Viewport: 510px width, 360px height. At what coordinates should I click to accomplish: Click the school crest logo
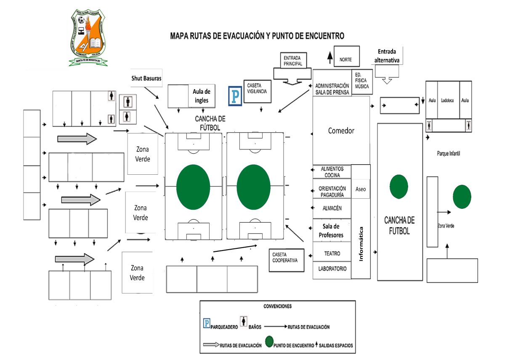pyautogui.click(x=88, y=38)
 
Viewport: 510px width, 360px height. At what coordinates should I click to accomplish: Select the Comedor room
pyautogui.click(x=341, y=131)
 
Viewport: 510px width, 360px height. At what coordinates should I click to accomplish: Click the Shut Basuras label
pyautogui.click(x=146, y=78)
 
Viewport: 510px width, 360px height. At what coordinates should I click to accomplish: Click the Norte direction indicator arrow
pyautogui.click(x=330, y=57)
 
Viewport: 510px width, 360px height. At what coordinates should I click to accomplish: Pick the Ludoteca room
pyautogui.click(x=448, y=100)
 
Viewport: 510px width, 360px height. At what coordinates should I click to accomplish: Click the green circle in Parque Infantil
pyautogui.click(x=462, y=197)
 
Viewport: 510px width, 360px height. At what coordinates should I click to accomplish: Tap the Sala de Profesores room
pyautogui.click(x=331, y=231)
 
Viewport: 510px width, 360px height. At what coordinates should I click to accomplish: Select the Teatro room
pyautogui.click(x=332, y=253)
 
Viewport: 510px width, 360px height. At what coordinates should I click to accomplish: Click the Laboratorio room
pyautogui.click(x=332, y=268)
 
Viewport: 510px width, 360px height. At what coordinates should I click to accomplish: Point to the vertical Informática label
pyautogui.click(x=361, y=244)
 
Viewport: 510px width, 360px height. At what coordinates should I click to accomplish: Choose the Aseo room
pyautogui.click(x=361, y=189)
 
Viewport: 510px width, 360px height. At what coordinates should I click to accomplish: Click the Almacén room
pyautogui.click(x=332, y=208)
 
